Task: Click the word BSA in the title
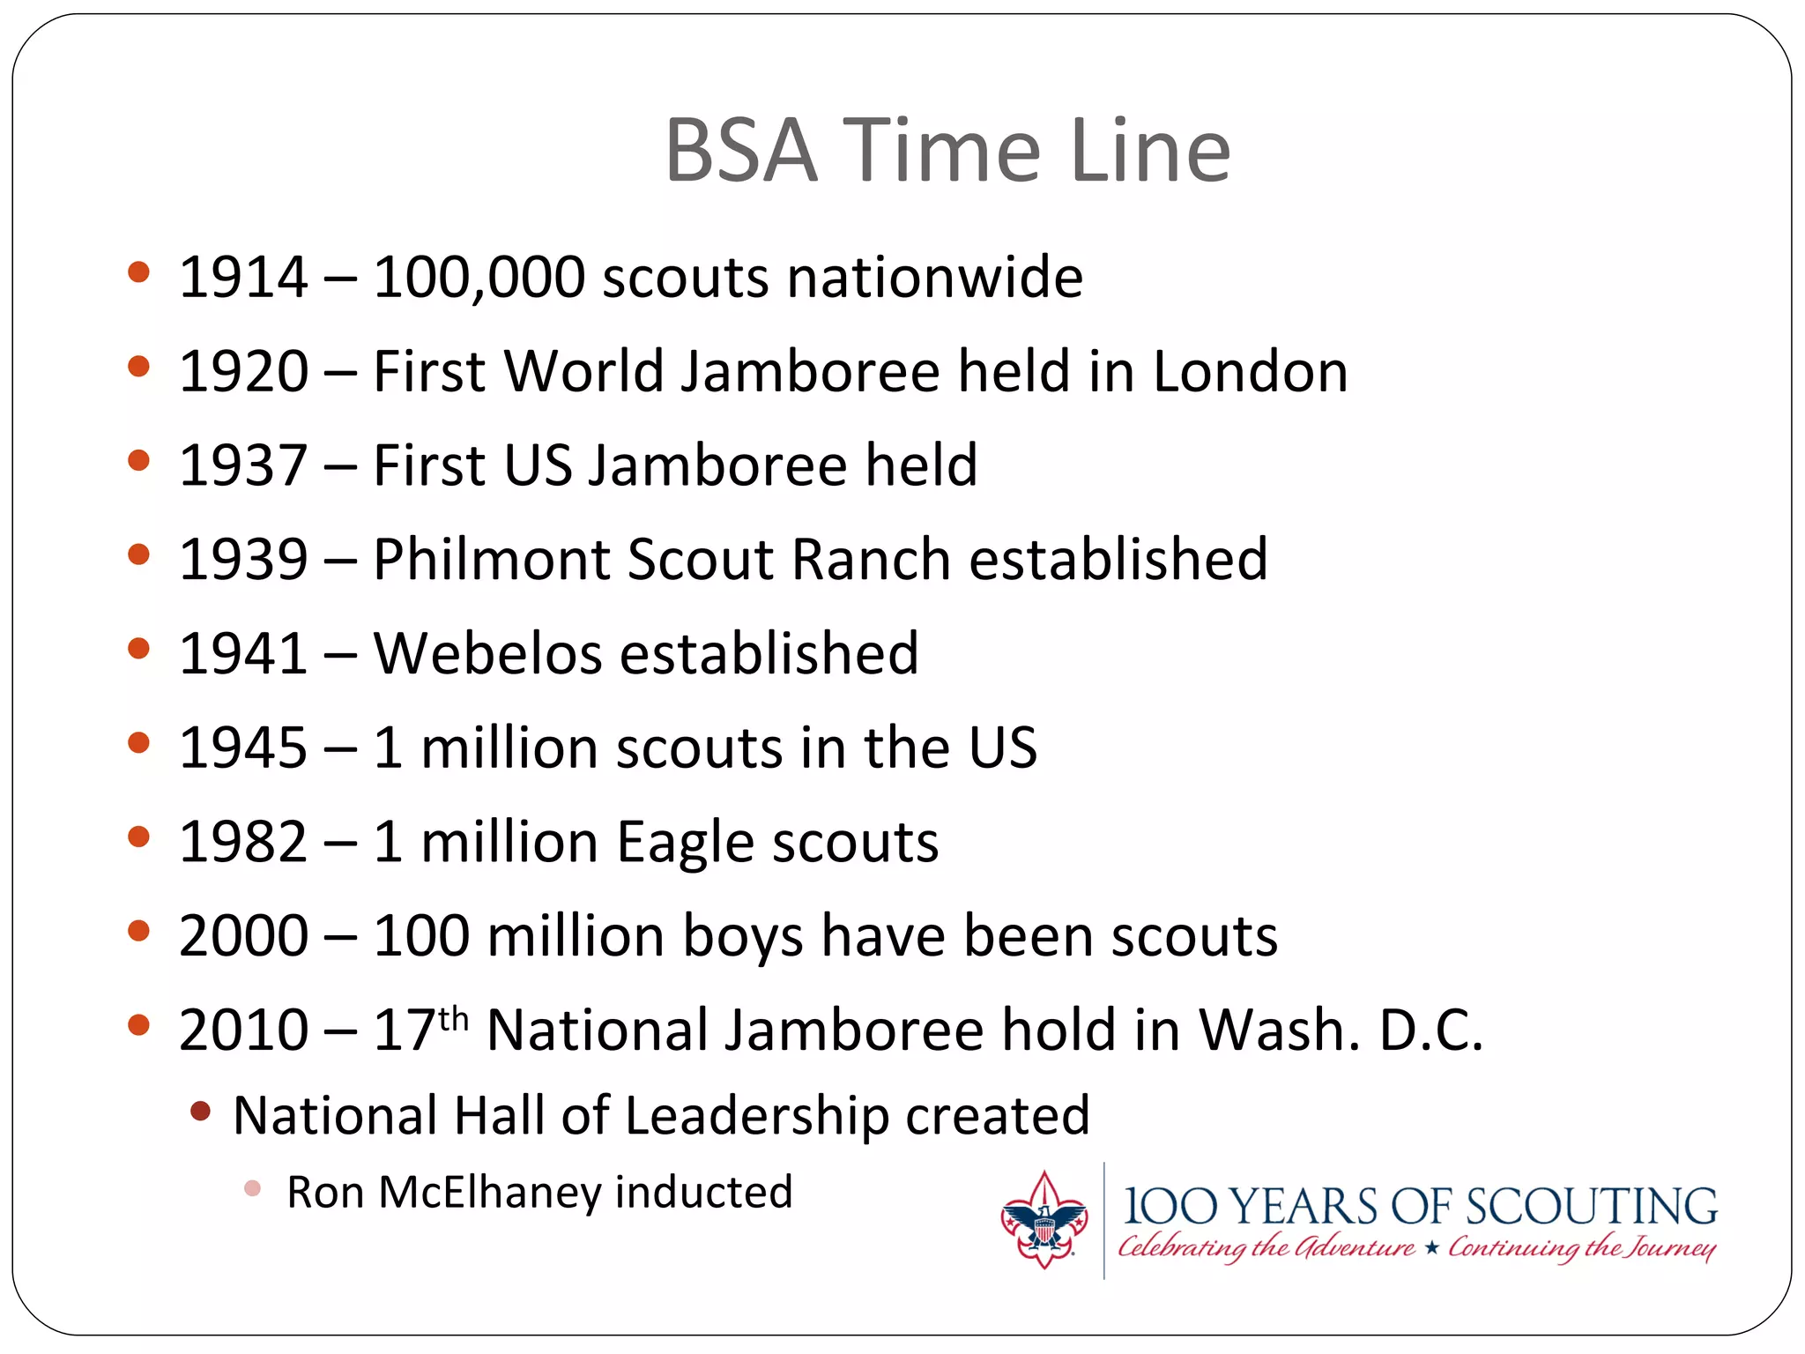[741, 152]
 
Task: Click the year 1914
[243, 277]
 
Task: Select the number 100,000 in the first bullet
[479, 277]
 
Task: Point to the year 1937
[243, 465]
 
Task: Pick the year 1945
[243, 748]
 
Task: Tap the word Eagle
[685, 843]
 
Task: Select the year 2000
[243, 936]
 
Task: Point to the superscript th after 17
[453, 1018]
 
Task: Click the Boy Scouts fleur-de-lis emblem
[1044, 1221]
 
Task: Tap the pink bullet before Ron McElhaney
[253, 1188]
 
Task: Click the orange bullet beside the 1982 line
[138, 836]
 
